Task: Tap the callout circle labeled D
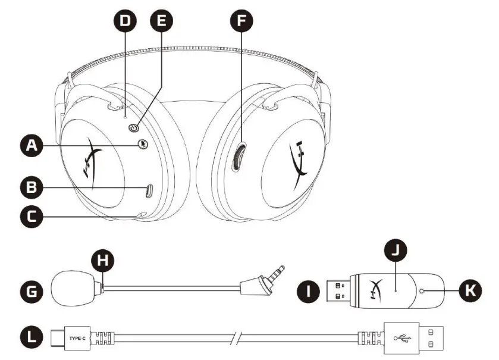point(125,22)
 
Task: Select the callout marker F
point(241,22)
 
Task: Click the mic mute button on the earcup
point(142,144)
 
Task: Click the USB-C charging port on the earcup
point(149,191)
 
